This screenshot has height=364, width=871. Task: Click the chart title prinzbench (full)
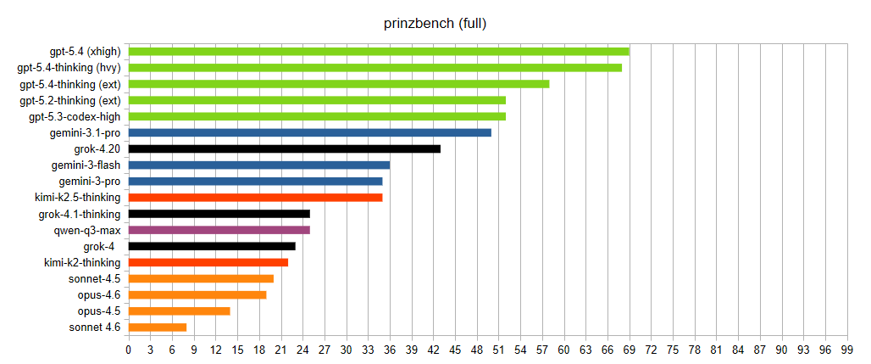click(435, 23)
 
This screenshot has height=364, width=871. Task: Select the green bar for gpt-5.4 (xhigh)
click(379, 52)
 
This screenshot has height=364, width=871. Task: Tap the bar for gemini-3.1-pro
click(309, 132)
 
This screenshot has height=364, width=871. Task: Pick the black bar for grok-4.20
click(284, 148)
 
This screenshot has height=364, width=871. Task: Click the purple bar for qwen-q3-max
click(219, 230)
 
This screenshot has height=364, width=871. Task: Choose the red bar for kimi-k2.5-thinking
click(255, 198)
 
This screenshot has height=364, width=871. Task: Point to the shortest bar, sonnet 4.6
click(158, 328)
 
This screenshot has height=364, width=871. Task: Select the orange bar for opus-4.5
click(179, 311)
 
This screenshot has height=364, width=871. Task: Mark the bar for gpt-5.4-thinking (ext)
click(339, 84)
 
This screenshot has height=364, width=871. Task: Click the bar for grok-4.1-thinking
click(219, 214)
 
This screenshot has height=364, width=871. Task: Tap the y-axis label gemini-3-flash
click(86, 165)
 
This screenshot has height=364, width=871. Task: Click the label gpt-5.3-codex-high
click(75, 116)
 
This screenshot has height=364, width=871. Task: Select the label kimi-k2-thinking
click(82, 262)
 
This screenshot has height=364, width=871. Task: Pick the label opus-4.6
click(99, 294)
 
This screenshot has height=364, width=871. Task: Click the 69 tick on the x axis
click(630, 349)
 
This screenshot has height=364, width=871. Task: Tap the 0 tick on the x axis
click(129, 349)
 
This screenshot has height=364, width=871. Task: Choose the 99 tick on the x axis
click(847, 349)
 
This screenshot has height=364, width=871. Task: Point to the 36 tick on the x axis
click(390, 349)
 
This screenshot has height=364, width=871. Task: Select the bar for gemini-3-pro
click(255, 182)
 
